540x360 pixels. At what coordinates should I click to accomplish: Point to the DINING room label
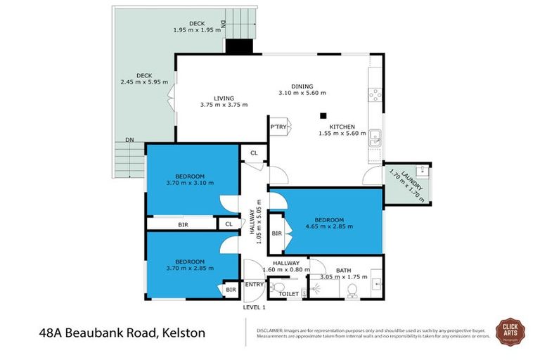302,86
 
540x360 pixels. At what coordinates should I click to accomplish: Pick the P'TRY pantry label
278,127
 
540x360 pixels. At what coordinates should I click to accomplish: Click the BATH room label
343,270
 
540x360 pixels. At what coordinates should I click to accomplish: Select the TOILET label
288,295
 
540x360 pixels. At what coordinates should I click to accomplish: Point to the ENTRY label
253,284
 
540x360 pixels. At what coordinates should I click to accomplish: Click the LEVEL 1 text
254,307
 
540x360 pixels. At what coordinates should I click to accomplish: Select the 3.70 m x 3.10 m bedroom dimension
190,183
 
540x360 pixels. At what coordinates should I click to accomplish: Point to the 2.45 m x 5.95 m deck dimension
144,82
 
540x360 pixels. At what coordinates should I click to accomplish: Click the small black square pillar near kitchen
323,116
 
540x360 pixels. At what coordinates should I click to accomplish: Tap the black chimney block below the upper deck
239,46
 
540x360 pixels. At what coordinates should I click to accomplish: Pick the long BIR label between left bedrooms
183,224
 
